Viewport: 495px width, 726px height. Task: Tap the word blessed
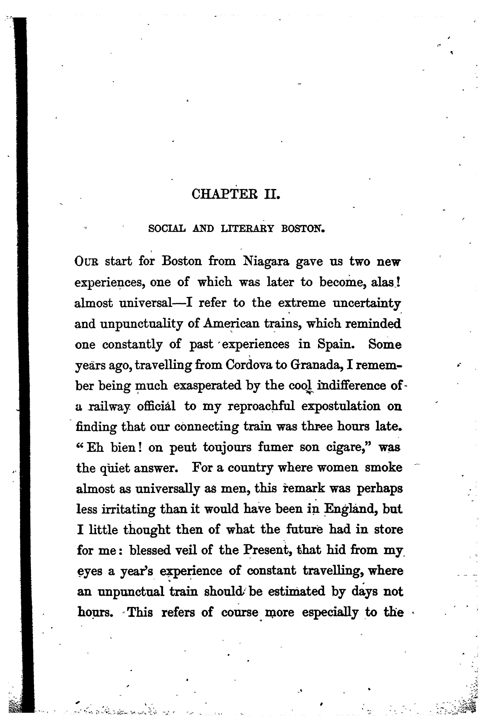tap(150, 550)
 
